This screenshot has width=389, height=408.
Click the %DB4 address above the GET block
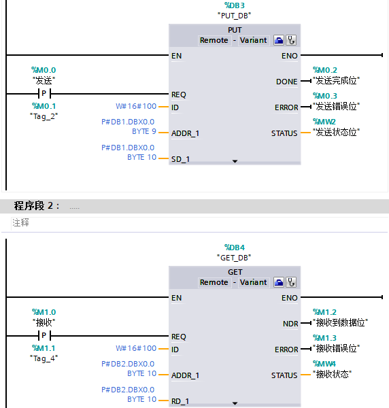pyautogui.click(x=235, y=248)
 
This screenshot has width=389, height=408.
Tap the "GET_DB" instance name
pyautogui.click(x=235, y=258)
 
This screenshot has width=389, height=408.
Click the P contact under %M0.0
pyautogui.click(x=44, y=94)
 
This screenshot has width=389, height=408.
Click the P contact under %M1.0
pyautogui.click(x=44, y=336)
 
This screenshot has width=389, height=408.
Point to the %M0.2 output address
pyautogui.click(x=324, y=70)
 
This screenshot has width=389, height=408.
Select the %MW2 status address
pyautogui.click(x=324, y=121)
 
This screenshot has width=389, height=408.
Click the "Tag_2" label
pyautogui.click(x=44, y=116)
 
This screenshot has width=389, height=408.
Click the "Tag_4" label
pyautogui.click(x=44, y=358)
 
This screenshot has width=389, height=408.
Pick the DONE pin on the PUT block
pyautogui.click(x=286, y=82)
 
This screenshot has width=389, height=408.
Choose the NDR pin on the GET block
pyautogui.click(x=290, y=324)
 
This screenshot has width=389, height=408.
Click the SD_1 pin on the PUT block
pyautogui.click(x=182, y=159)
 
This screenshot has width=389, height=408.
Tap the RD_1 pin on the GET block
pyautogui.click(x=182, y=401)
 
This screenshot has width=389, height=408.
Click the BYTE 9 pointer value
pyautogui.click(x=143, y=131)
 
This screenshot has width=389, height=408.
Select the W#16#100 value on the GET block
pyautogui.click(x=136, y=348)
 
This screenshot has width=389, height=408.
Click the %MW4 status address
pyautogui.click(x=324, y=363)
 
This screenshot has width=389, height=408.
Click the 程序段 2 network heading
pyautogui.click(x=37, y=206)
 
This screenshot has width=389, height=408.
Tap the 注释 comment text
pyautogui.click(x=20, y=222)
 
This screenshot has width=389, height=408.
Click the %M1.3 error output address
pyautogui.click(x=324, y=338)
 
